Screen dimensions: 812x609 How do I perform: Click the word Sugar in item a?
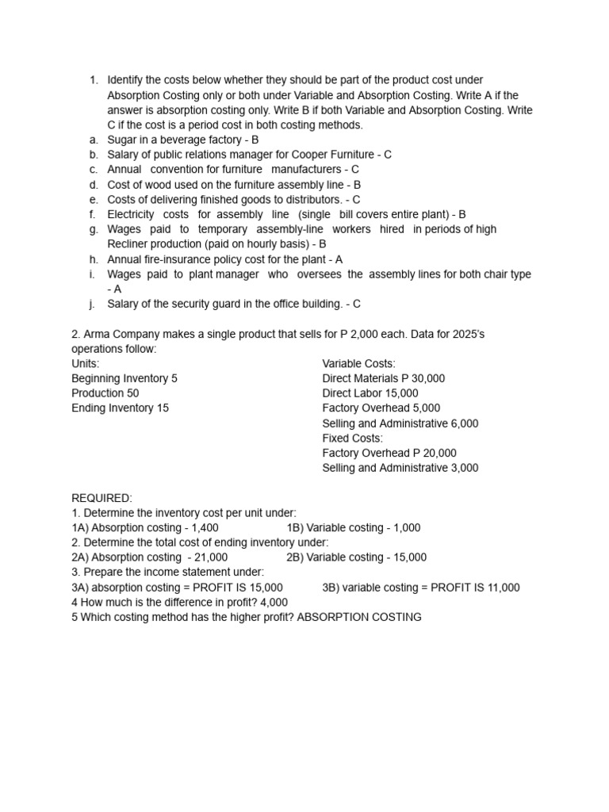(123, 140)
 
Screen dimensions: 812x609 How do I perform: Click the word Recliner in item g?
(129, 244)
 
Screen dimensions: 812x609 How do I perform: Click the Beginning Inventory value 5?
(174, 379)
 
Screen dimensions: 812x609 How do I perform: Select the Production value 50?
(132, 393)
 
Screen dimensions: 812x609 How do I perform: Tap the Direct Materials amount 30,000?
(427, 379)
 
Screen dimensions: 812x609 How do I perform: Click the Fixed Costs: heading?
(352, 439)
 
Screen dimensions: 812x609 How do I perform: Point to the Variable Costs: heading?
(358, 364)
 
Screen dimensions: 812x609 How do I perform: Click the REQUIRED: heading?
(101, 498)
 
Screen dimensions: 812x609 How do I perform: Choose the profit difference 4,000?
(273, 603)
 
